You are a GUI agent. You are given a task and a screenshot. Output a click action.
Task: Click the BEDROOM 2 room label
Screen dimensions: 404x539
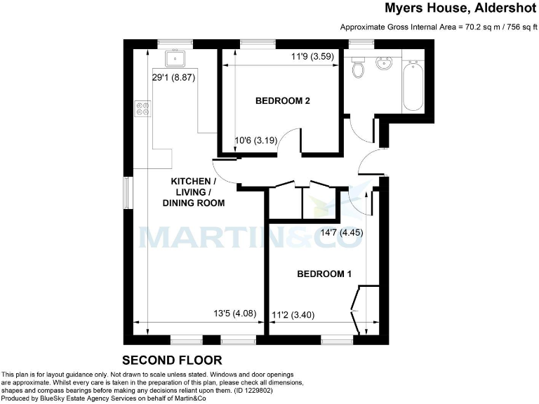click(282, 101)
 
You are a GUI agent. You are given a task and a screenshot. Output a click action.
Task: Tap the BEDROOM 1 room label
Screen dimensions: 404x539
click(324, 274)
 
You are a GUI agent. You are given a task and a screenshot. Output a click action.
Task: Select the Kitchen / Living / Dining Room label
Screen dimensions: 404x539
click(194, 192)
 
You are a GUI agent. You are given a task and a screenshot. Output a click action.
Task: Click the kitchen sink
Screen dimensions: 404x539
click(172, 57)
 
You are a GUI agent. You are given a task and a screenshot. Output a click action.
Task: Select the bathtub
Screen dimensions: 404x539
click(413, 85)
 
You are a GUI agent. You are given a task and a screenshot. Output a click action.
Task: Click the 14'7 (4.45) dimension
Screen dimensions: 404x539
click(342, 232)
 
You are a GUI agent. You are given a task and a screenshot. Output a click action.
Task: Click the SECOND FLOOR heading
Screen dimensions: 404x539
click(172, 361)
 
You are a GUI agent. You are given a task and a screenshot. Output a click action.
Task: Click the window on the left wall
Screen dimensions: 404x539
click(126, 194)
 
